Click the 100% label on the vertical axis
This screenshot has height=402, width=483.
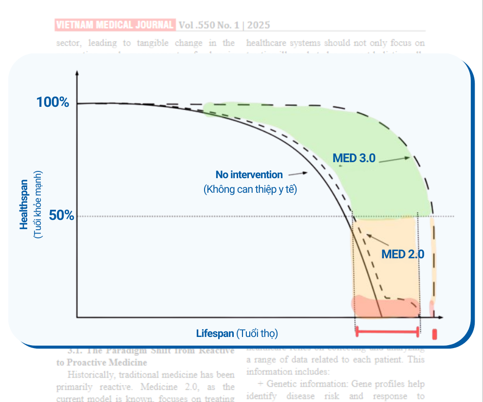click(x=52, y=102)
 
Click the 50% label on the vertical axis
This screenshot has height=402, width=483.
click(x=61, y=216)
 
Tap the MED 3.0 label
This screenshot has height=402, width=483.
click(x=354, y=158)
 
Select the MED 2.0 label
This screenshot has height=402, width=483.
click(x=402, y=254)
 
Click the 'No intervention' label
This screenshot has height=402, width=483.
click(x=249, y=175)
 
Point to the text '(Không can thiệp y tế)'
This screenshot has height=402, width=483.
click(x=250, y=189)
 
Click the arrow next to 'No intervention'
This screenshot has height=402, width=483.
click(x=298, y=173)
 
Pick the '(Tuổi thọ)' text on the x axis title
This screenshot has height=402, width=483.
click(x=257, y=334)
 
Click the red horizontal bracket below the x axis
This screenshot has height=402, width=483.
click(x=387, y=332)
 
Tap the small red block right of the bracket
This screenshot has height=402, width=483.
click(x=435, y=335)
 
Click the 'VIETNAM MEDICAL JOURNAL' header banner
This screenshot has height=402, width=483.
click(x=115, y=24)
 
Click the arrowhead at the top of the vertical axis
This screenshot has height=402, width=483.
click(x=77, y=74)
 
